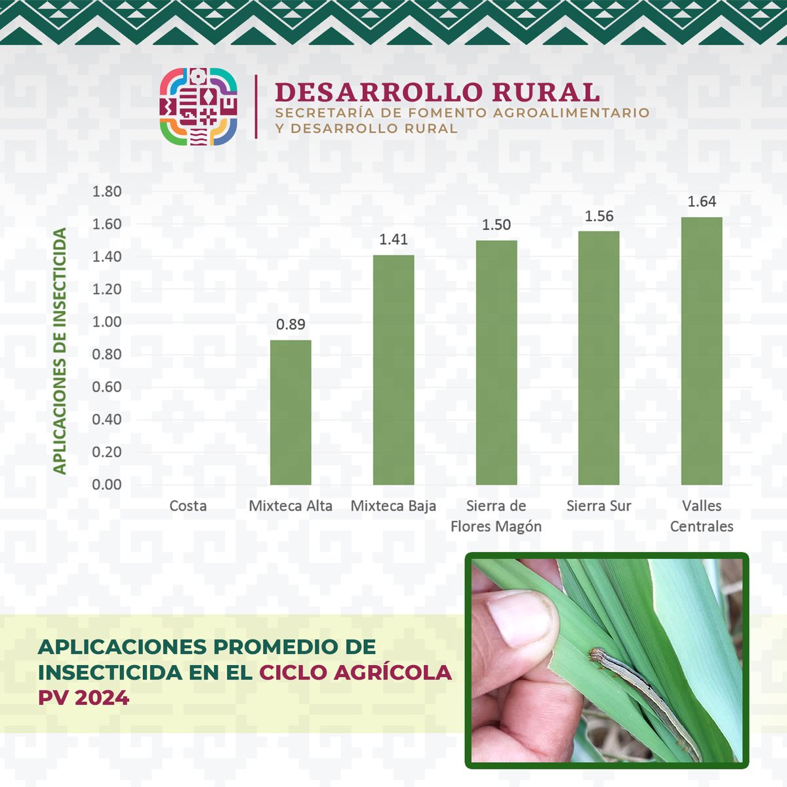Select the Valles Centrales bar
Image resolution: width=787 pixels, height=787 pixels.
(x=701, y=351)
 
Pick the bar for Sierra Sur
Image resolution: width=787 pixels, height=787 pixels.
(x=599, y=357)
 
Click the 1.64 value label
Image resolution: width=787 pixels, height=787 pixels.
(x=701, y=202)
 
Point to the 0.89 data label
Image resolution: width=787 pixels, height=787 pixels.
(x=291, y=325)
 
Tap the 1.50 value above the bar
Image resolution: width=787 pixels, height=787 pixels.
(x=496, y=225)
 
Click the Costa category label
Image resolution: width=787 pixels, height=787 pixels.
(x=188, y=506)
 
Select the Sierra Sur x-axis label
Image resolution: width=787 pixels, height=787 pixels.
(x=599, y=506)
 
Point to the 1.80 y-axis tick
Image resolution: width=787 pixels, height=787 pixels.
(x=107, y=192)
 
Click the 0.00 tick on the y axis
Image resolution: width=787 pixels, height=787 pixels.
(x=107, y=485)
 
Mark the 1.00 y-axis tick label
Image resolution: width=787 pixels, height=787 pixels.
(x=107, y=322)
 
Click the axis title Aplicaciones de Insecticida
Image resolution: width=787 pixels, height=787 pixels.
(x=60, y=351)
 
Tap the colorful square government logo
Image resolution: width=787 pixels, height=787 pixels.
(x=199, y=106)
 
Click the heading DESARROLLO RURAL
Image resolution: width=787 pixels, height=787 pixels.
(x=437, y=92)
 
